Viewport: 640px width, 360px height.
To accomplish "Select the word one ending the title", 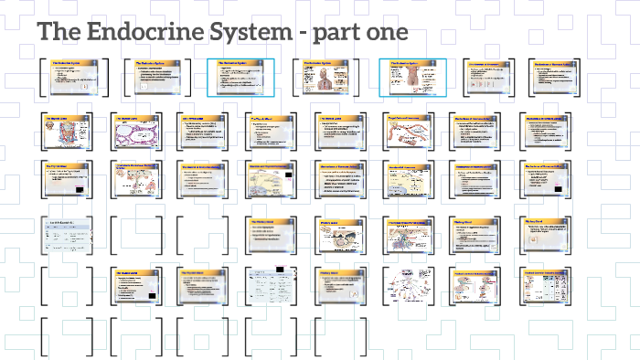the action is click(x=384, y=33).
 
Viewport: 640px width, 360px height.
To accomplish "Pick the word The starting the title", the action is click(x=59, y=33).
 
